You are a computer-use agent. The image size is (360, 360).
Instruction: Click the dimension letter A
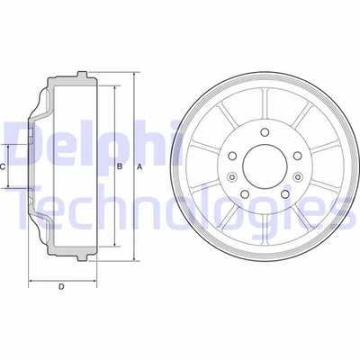pyautogui.click(x=139, y=167)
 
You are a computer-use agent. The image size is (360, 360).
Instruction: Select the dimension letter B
pyautogui.click(x=120, y=167)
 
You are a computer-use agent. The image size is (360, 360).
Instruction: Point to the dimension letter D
pyautogui.click(x=61, y=287)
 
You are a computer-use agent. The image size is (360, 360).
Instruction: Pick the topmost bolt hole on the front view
pyautogui.click(x=266, y=135)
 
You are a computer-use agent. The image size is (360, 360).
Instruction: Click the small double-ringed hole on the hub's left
pyautogui.click(x=230, y=177)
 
